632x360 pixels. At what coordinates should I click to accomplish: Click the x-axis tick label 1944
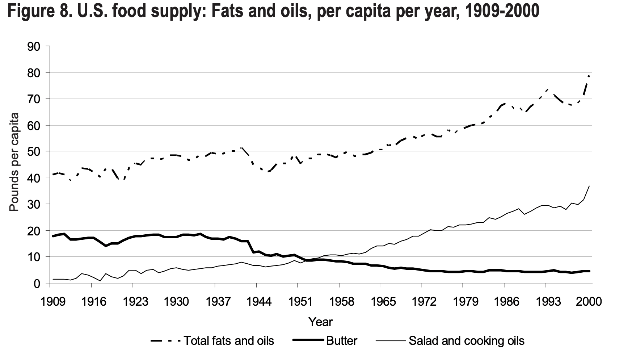[256, 302]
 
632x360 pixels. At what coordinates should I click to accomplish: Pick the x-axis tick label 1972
[421, 302]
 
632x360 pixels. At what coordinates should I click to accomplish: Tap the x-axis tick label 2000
[586, 302]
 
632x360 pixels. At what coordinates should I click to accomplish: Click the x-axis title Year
[320, 322]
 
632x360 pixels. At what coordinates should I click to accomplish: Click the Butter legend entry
[341, 341]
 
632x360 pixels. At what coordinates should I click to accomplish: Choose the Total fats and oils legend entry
[229, 341]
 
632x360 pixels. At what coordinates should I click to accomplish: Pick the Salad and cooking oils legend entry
[466, 341]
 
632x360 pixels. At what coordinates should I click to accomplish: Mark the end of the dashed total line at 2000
[589, 76]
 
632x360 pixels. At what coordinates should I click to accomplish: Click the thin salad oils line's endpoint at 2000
[589, 186]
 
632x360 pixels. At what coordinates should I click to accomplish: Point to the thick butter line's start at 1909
[53, 236]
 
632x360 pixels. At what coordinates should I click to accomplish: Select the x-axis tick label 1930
[174, 302]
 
